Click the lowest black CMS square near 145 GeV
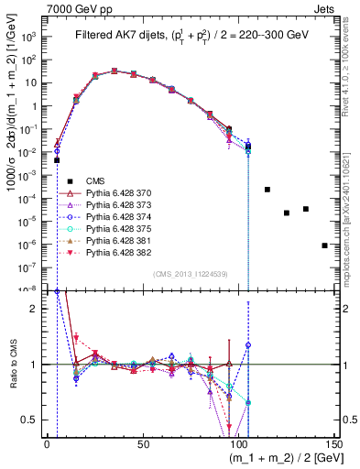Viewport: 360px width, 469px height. point(325,245)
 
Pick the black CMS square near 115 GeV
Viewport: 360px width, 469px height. point(267,190)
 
